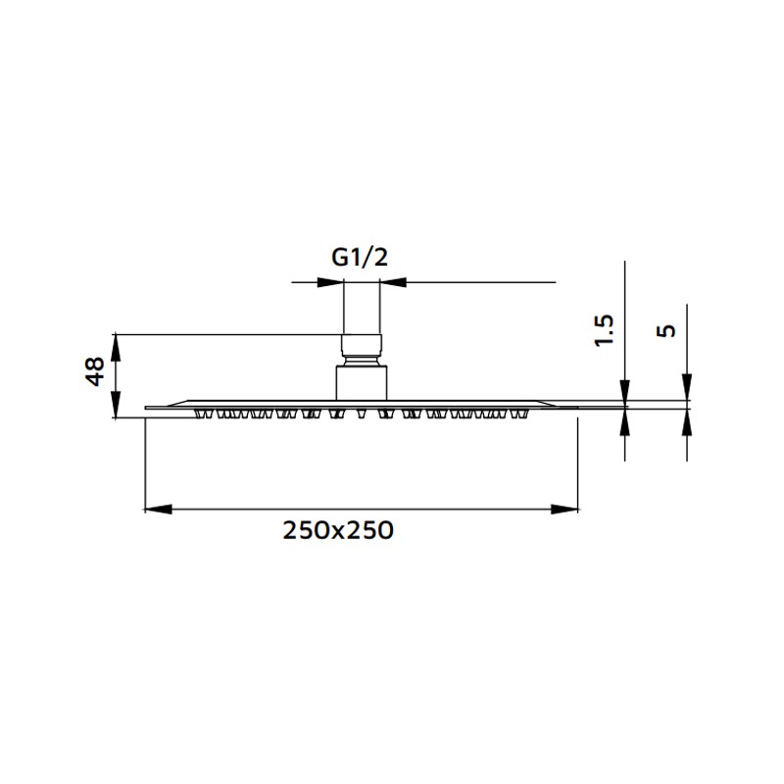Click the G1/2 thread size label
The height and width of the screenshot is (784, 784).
(x=360, y=258)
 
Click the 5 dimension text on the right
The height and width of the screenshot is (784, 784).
(x=667, y=330)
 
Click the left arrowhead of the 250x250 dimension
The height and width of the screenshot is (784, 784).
(x=158, y=509)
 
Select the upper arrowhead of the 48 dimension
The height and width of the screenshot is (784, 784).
(x=117, y=346)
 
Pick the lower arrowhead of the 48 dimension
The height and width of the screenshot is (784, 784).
(x=117, y=407)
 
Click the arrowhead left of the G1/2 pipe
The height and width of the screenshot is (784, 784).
(x=330, y=283)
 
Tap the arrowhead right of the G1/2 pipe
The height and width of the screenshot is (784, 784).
(x=393, y=283)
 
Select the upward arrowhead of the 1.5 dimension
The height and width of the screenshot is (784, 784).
(x=624, y=420)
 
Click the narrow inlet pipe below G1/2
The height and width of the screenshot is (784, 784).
(x=360, y=309)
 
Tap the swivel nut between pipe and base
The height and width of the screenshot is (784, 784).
(x=360, y=347)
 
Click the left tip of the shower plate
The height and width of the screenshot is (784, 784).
(x=147, y=407)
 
